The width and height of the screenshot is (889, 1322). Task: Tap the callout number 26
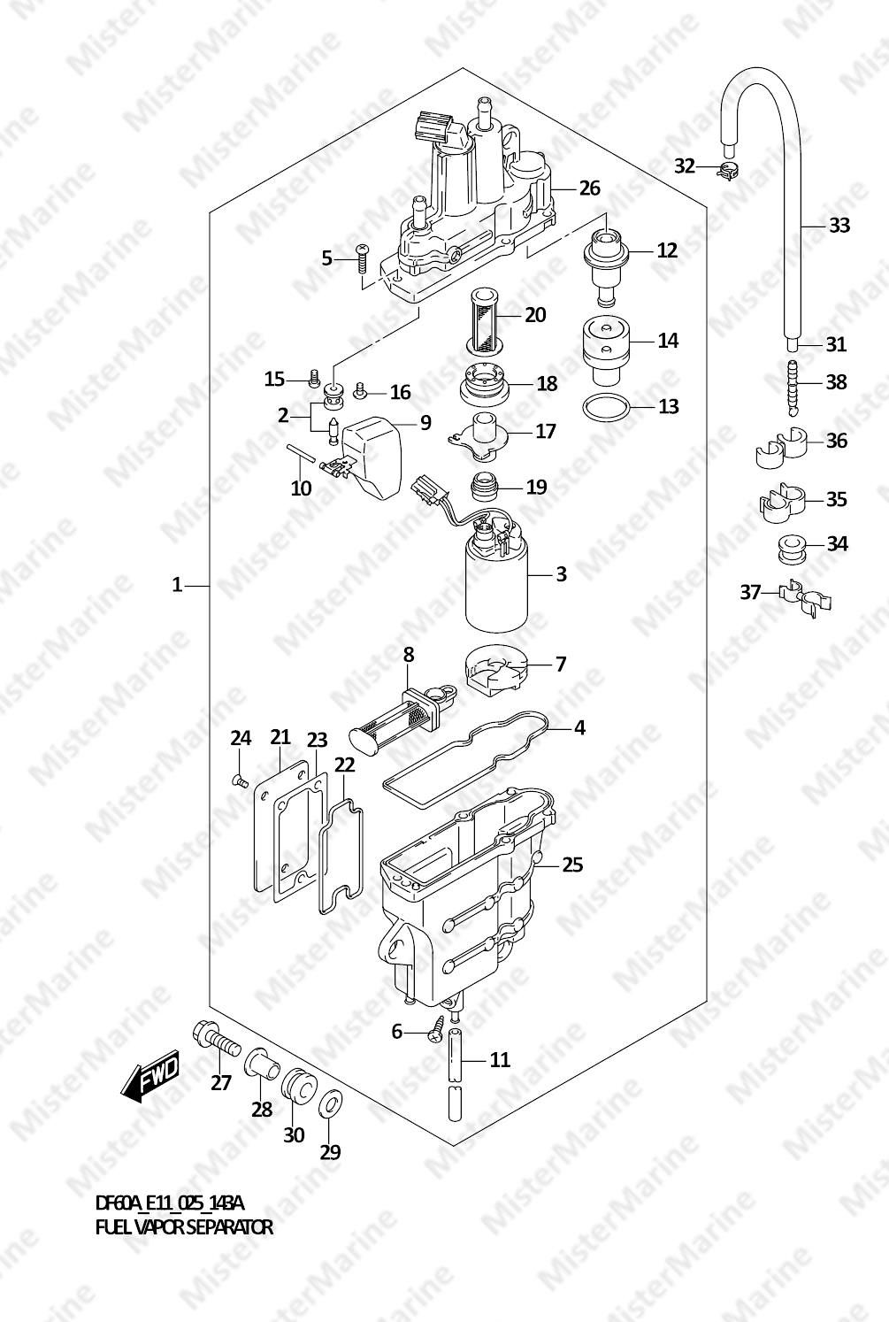[x=589, y=188]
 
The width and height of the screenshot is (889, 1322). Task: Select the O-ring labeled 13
[x=606, y=407]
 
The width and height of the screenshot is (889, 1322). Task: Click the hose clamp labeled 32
[x=727, y=172]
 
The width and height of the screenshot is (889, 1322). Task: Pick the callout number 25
[x=572, y=865]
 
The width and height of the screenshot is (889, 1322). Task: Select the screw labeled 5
[x=360, y=257]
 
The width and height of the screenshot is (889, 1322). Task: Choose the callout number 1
[x=177, y=585]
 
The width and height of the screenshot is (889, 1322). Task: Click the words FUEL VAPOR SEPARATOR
[x=184, y=1227]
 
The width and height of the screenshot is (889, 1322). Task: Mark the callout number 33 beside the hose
[x=839, y=225]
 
